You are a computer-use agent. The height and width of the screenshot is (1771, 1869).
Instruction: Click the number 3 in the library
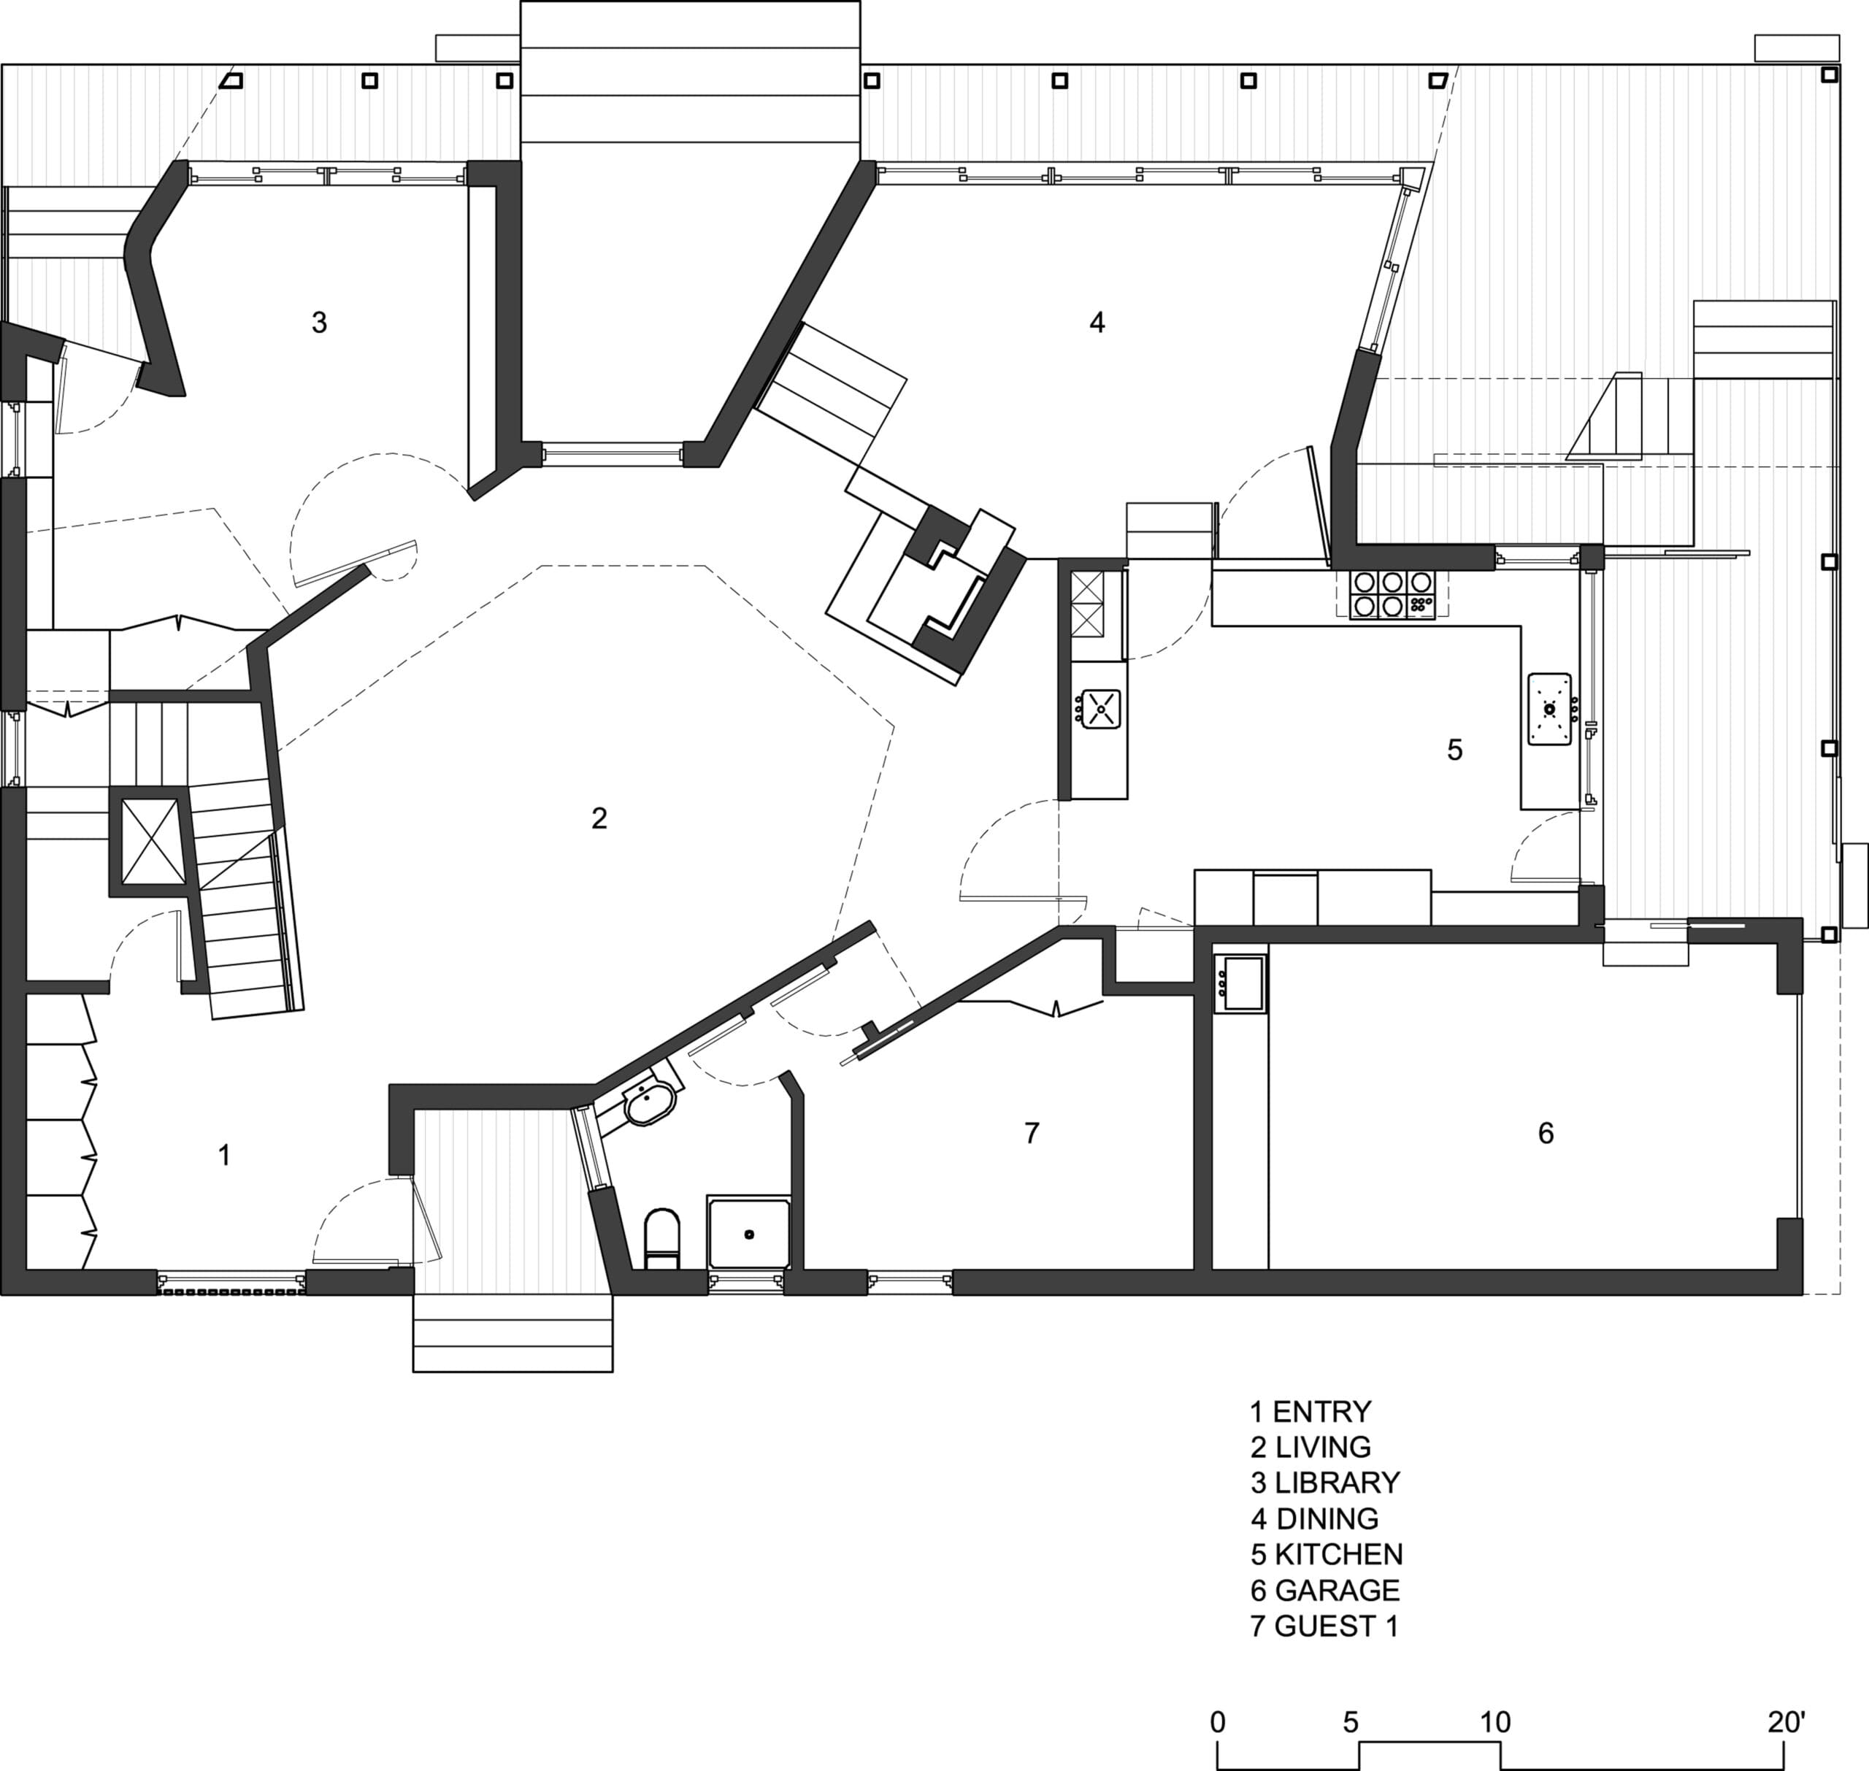319,323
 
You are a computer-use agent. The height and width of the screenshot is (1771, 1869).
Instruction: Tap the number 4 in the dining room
1097,323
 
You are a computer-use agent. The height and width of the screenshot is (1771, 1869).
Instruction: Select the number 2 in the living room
599,818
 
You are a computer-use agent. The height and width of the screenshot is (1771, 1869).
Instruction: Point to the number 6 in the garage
1546,1133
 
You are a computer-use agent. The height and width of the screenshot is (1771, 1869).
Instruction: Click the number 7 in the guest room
1032,1133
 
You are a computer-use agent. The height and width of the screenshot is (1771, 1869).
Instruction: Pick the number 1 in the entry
225,1155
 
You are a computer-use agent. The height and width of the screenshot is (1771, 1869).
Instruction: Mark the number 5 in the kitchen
1454,750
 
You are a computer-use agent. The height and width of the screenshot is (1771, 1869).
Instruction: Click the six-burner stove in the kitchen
1392,595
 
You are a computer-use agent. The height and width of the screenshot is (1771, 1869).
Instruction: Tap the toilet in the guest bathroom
661,1239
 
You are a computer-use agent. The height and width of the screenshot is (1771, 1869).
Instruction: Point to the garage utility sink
1242,983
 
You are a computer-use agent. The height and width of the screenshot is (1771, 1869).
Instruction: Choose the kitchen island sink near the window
1550,709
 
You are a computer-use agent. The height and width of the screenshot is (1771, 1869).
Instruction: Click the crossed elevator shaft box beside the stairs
151,840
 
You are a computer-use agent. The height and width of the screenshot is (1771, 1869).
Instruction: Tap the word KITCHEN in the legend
1338,1554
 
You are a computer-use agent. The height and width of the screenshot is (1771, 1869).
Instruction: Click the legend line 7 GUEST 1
1324,1626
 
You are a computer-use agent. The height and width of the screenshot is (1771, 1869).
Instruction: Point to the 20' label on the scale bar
1786,1722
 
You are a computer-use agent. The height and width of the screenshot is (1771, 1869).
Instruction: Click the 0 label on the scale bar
1218,1722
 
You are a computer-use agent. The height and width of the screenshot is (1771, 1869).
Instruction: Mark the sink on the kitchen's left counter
1099,709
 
